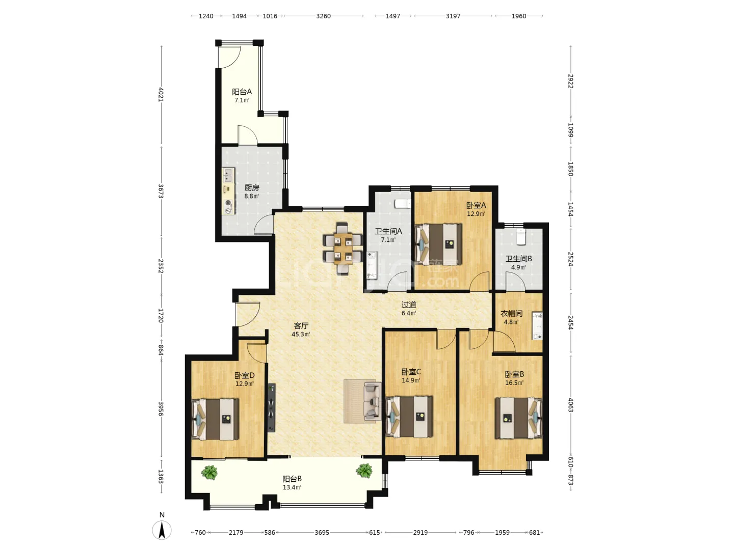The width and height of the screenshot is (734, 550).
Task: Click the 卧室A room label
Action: (476, 205)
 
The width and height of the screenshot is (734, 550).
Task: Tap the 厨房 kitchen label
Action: (251, 188)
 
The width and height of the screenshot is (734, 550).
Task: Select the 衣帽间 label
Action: (511, 313)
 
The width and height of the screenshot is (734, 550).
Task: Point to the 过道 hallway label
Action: (409, 305)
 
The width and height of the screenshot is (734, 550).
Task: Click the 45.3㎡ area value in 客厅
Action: (301, 334)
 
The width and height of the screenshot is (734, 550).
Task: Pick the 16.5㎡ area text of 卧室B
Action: (514, 382)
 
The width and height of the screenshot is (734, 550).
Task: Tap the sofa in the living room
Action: (372, 401)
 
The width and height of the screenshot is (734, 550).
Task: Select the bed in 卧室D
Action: (215, 419)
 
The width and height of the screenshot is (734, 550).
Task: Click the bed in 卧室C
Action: (409, 417)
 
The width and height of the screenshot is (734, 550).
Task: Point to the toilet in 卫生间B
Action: (520, 236)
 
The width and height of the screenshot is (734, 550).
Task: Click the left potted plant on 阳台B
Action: (209, 473)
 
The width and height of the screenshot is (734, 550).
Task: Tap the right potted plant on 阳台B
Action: (364, 471)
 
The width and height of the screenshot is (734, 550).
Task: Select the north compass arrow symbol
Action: (162, 530)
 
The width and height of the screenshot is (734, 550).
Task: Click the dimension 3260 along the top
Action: (323, 16)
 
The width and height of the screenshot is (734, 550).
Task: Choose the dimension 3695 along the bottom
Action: (322, 532)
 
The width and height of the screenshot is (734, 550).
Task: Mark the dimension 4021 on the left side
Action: (161, 95)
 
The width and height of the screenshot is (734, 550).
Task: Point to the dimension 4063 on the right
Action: (570, 405)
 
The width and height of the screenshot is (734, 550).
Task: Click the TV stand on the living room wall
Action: (271, 407)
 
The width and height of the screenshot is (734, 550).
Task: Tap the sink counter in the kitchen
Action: (229, 191)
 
